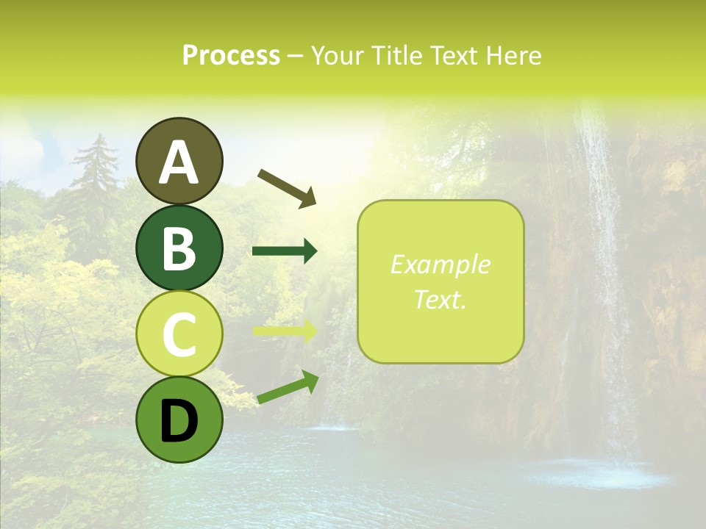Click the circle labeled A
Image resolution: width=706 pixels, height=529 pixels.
click(179, 161)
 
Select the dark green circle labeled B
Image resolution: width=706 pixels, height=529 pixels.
click(179, 248)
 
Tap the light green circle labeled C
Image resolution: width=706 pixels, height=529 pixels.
click(179, 334)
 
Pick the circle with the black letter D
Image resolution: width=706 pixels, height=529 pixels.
click(179, 420)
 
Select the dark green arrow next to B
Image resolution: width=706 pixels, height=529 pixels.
click(285, 251)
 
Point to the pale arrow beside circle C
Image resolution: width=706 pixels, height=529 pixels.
click(285, 331)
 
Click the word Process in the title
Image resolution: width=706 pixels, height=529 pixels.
click(231, 55)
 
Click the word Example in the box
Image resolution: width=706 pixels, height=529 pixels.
click(440, 265)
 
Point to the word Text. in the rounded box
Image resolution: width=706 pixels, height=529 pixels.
click(440, 299)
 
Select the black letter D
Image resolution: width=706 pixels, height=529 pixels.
click(179, 420)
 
